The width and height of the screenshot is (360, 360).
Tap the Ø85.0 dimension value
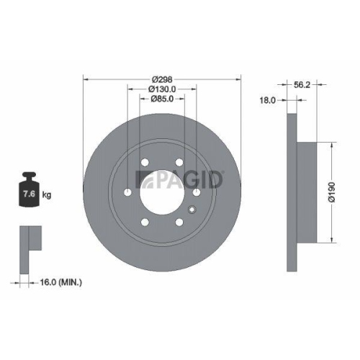click(x=162, y=99)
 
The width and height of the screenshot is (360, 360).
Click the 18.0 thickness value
click(x=267, y=101)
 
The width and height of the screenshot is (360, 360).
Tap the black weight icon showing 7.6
click(x=30, y=190)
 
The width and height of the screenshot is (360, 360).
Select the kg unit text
click(x=48, y=194)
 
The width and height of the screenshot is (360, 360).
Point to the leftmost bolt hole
click(x=127, y=193)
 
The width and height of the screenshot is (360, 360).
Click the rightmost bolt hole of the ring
click(x=195, y=192)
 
